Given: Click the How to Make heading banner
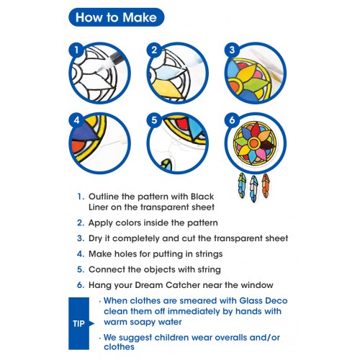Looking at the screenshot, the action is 117,17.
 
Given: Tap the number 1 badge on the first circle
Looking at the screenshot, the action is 76,50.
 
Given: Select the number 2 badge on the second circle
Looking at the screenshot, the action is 154,50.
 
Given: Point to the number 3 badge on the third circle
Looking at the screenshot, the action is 232,50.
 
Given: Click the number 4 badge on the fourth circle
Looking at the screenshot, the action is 76,120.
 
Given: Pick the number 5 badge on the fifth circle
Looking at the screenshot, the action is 154,120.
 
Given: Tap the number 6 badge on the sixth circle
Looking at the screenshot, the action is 232,120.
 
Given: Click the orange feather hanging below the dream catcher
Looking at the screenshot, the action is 266,186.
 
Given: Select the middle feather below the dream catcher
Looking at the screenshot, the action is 253,189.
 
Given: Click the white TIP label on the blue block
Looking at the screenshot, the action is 78,324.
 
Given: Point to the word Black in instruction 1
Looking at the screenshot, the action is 202,197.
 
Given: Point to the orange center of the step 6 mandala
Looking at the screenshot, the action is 253,143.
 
